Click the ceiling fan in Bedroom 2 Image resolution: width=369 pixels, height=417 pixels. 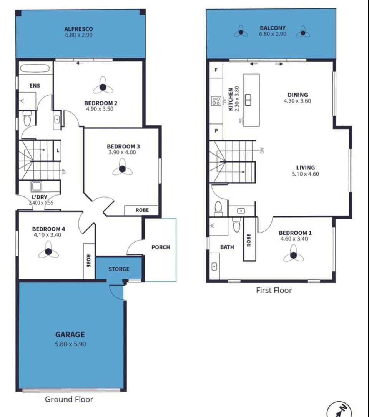[103, 87]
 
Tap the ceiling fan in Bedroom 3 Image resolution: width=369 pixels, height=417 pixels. [122, 169]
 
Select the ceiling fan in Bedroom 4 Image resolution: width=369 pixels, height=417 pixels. [48, 251]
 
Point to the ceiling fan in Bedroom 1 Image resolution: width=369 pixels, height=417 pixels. [293, 255]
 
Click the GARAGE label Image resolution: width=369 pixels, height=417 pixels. [70, 334]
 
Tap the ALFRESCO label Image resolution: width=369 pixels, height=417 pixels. [78, 29]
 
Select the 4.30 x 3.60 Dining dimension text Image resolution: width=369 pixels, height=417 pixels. [297, 101]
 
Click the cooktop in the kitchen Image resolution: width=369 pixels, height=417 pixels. [216, 101]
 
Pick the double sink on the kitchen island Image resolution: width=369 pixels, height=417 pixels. [248, 100]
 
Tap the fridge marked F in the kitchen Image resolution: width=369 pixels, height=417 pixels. [216, 70]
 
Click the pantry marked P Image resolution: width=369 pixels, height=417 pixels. [216, 131]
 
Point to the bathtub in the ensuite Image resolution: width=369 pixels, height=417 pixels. [35, 69]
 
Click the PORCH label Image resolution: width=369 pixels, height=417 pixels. [161, 247]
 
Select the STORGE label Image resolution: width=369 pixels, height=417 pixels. [119, 269]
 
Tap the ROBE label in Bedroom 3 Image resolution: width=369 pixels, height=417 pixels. [142, 210]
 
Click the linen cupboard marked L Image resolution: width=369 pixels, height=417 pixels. [58, 151]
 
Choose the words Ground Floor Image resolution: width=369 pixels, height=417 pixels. [69, 399]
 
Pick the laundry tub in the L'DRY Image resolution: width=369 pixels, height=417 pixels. [36, 186]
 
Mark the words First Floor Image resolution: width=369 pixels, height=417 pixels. [274, 290]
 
